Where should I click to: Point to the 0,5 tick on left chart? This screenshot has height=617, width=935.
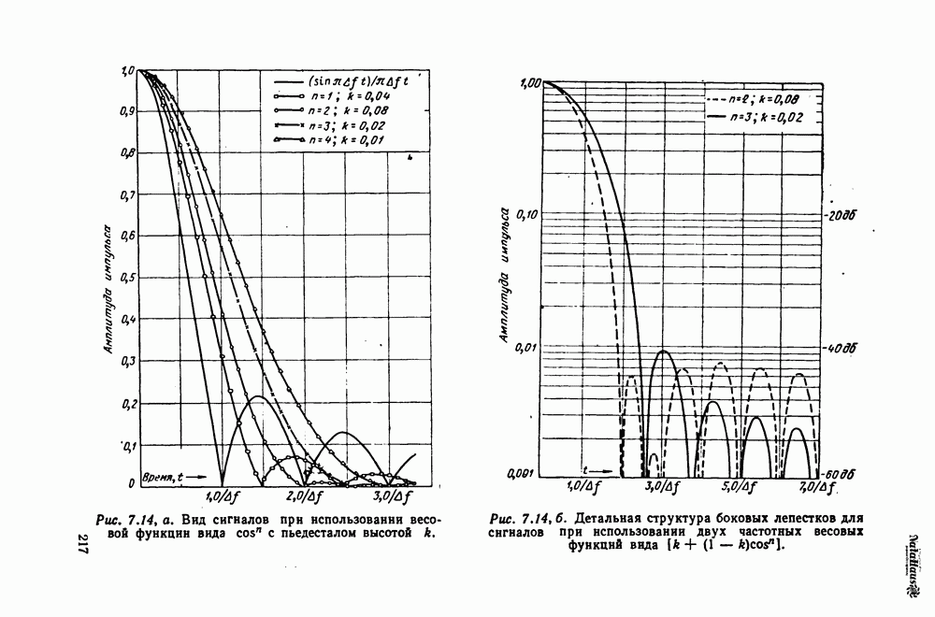(x=127, y=278)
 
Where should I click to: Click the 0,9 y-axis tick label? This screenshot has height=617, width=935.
(x=127, y=111)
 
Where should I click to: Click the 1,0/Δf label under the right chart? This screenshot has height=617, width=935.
(x=583, y=487)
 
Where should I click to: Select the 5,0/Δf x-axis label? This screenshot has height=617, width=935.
(x=739, y=487)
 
